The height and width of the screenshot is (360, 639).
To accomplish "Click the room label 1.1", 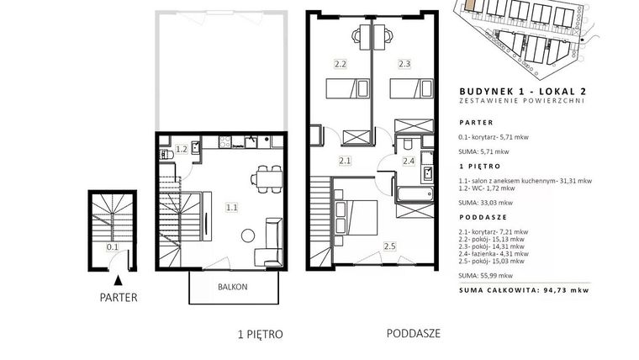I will pos(231,205).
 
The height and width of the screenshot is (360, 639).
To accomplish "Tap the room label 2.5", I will pos(389,246).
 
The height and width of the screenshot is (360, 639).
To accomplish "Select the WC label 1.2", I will pos(181,151).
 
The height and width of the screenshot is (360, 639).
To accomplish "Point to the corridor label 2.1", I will pos(345,160).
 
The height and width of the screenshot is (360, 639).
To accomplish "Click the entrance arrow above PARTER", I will pos(119,278).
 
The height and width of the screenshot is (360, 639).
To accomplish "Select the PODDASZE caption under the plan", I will pos(414,333).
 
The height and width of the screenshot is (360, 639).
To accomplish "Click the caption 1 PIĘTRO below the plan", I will pos(261,334).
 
